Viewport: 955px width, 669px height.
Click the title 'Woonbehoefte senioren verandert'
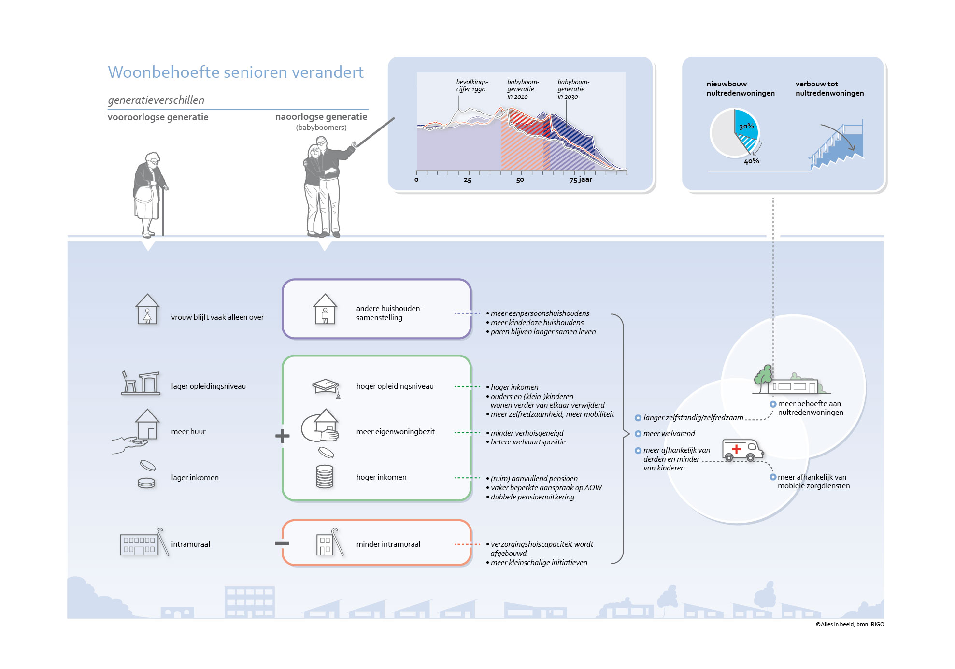pos(236,72)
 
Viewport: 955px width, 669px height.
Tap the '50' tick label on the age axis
pos(520,180)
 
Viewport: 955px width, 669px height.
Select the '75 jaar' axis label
pos(581,179)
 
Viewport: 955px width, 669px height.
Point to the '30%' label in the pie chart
pos(746,127)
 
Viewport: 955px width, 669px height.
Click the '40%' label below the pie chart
pos(752,161)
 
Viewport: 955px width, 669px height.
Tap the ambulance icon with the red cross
pos(742,450)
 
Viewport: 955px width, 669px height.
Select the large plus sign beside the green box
pos(282,436)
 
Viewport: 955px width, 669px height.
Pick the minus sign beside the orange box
pos(282,543)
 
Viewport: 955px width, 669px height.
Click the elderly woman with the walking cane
pos(150,194)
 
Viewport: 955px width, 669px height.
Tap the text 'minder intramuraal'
pos(388,544)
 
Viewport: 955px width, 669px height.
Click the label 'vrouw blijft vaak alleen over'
pos(217,317)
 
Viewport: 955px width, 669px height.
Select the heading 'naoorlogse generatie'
pos(321,116)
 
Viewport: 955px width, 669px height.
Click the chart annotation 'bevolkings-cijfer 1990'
pos(472,85)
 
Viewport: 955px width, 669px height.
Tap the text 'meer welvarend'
pos(669,433)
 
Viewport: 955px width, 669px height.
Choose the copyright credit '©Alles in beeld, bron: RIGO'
pos(850,624)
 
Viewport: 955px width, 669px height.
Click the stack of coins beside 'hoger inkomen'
pos(325,476)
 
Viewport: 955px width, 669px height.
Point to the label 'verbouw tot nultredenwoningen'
pos(830,88)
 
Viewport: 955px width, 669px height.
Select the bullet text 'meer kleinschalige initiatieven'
pos(539,562)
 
